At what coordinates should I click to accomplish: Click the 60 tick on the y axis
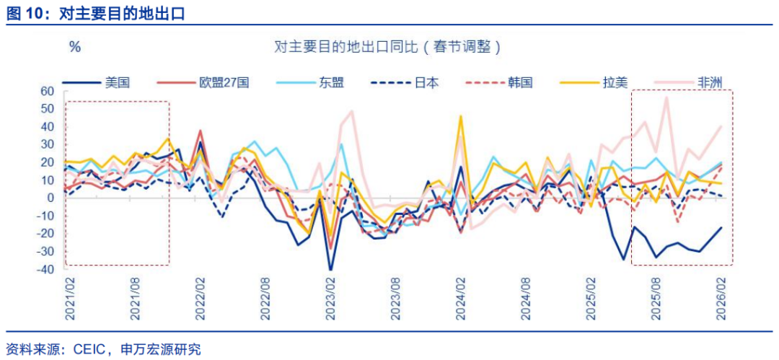(47, 91)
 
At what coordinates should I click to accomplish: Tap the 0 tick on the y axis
(50, 198)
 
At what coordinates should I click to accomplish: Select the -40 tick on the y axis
(45, 269)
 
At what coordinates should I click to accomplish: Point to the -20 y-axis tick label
(45, 234)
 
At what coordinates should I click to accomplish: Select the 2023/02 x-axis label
(331, 297)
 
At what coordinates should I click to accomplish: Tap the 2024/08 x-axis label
(527, 297)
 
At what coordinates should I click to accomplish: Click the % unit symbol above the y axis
(74, 48)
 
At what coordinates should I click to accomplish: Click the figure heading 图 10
(26, 12)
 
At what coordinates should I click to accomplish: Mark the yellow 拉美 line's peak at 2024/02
(460, 116)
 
